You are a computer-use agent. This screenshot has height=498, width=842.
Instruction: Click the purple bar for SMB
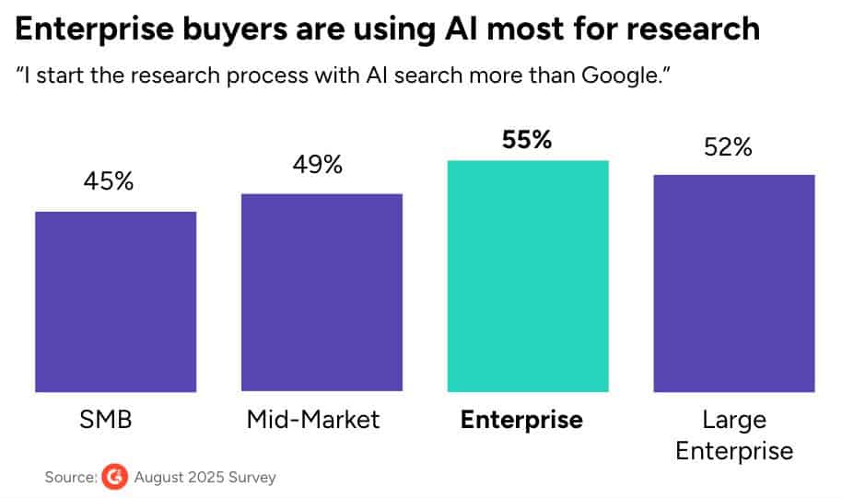click(x=116, y=302)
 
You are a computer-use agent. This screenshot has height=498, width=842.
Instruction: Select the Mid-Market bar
click(x=322, y=293)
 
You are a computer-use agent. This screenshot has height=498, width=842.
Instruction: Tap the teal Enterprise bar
click(x=528, y=276)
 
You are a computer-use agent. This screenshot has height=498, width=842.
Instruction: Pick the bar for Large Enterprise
click(x=734, y=284)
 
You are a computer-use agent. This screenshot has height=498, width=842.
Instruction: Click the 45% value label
click(x=109, y=181)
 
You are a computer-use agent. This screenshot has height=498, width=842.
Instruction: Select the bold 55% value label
click(x=526, y=141)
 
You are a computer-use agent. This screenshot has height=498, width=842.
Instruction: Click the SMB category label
click(x=106, y=421)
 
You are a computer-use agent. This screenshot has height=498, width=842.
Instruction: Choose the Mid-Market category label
click(x=313, y=421)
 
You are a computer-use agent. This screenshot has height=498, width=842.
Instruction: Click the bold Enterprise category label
click(x=521, y=421)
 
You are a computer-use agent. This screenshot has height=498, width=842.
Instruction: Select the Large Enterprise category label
click(x=734, y=435)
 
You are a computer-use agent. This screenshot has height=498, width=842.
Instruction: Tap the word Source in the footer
click(x=70, y=478)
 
